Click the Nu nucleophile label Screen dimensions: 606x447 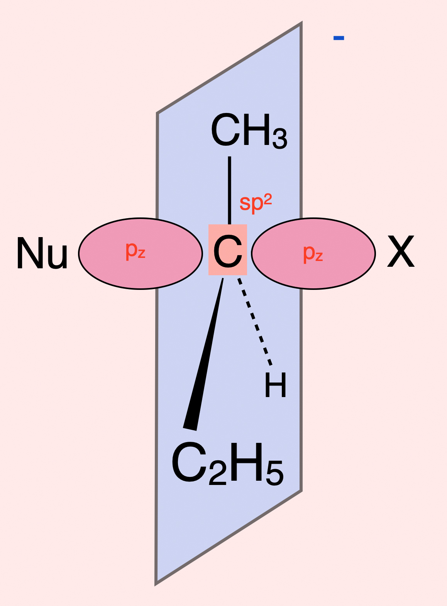42,254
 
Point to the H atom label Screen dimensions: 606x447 276,385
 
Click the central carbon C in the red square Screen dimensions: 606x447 228,251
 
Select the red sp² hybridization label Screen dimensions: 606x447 256,202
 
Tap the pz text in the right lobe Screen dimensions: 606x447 313,253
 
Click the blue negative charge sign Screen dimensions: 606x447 339,38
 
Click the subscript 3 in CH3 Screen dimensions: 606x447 280,139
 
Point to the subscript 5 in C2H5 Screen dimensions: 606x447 274,473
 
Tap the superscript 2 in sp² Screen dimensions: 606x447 268,199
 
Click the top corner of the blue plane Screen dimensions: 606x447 301,24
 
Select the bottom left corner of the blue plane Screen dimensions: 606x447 156,584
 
